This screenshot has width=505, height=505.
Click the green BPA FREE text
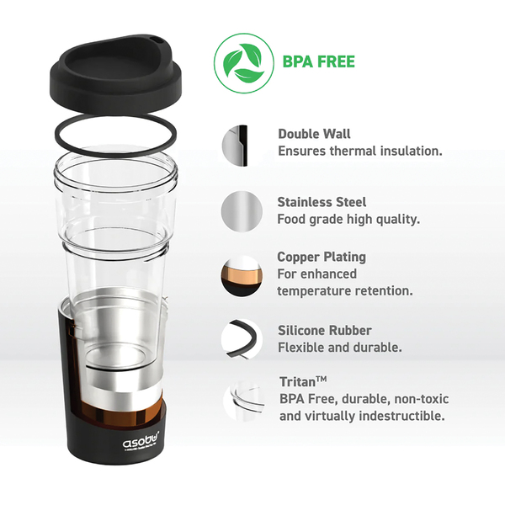[x=318, y=61]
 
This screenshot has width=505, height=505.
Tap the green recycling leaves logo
[x=244, y=63]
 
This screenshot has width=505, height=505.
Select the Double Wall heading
[x=314, y=134]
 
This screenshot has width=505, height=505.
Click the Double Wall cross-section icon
[x=235, y=146]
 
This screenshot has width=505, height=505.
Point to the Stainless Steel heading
[x=322, y=202]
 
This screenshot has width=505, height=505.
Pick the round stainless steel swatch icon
[x=242, y=211]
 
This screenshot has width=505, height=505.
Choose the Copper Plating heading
[x=322, y=258]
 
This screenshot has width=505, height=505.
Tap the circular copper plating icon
[x=241, y=276]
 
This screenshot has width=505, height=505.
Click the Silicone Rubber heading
[x=325, y=331]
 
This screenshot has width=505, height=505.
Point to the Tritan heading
[x=303, y=381]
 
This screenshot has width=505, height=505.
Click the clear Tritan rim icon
[x=244, y=401]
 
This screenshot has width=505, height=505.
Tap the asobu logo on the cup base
[x=141, y=442]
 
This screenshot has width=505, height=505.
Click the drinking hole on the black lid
[x=157, y=40]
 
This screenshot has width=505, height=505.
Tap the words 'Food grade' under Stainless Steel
[x=310, y=220]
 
